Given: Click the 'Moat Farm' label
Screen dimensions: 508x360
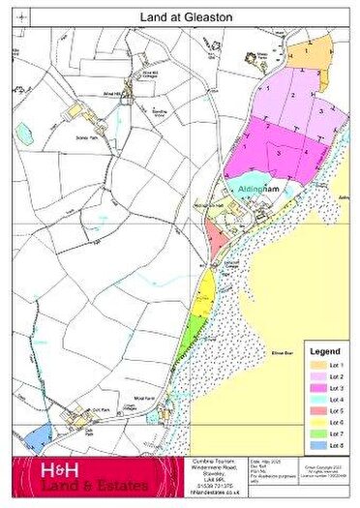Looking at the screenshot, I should (x=125, y=398).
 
